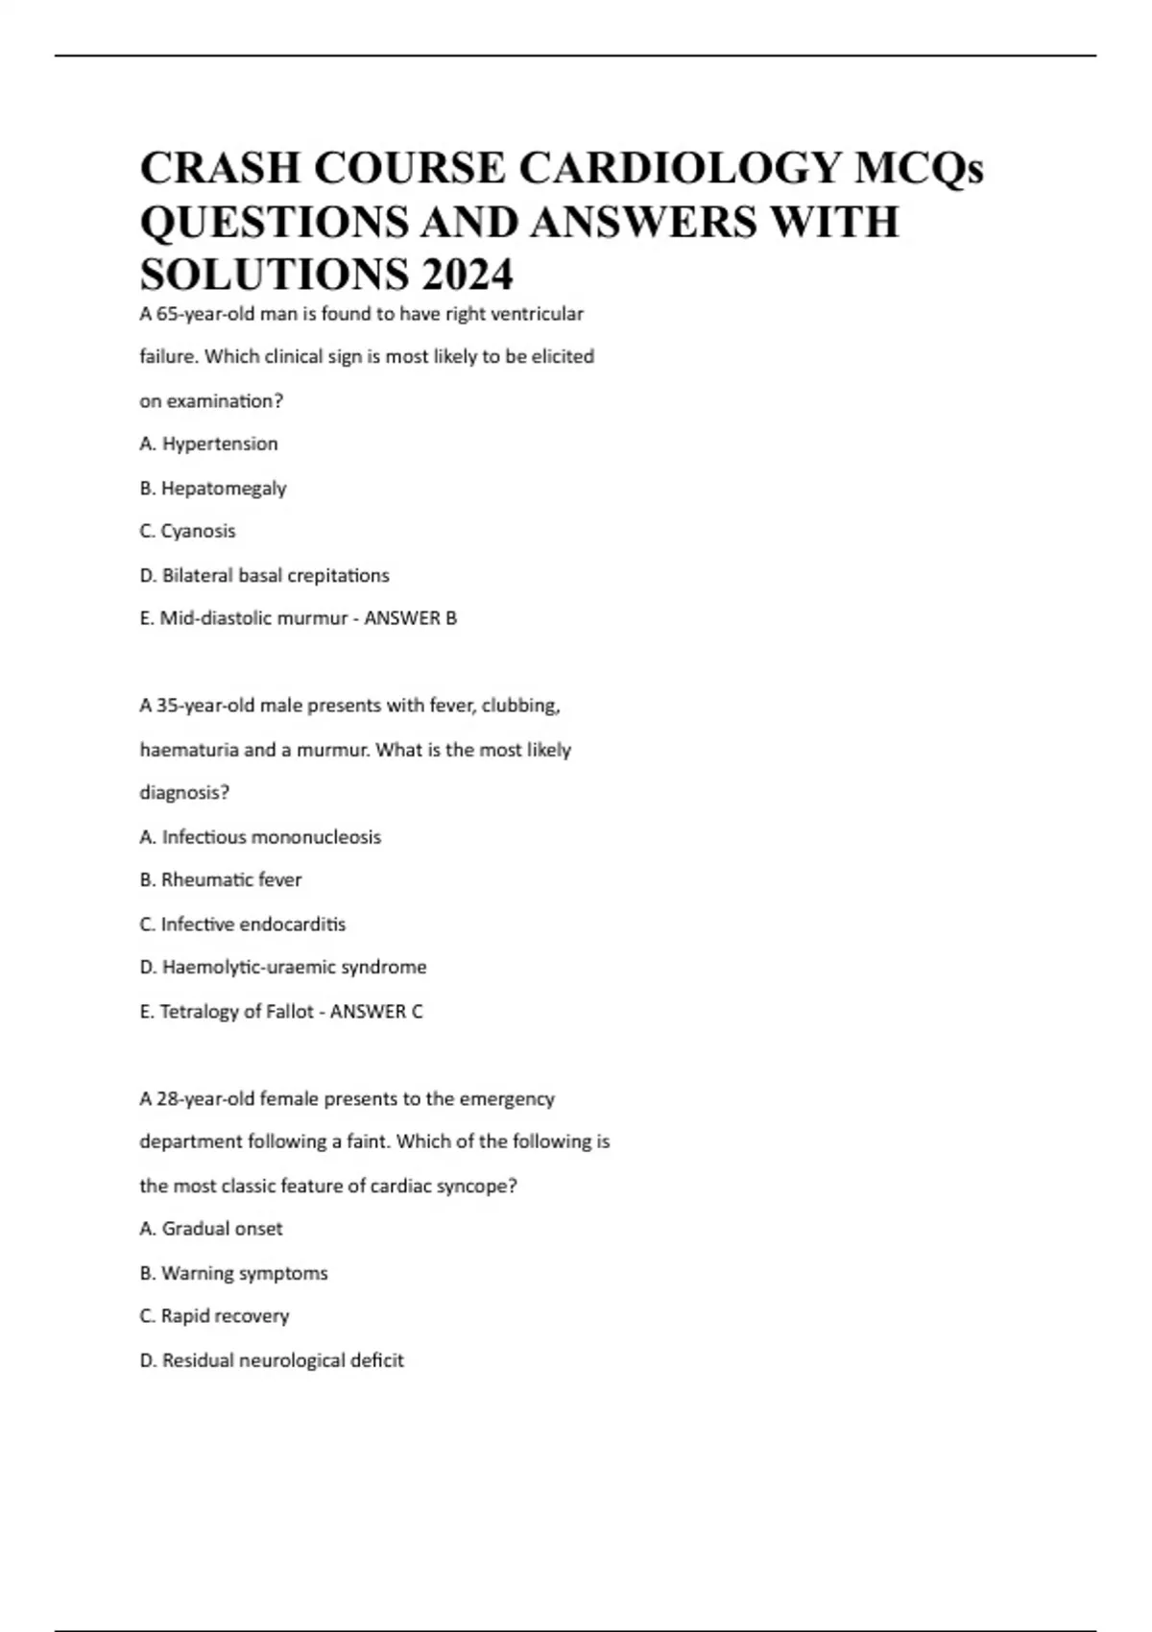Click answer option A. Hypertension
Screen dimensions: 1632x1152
pyautogui.click(x=209, y=444)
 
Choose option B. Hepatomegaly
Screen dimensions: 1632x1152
pyautogui.click(x=213, y=488)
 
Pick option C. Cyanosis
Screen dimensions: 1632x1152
pyautogui.click(x=187, y=531)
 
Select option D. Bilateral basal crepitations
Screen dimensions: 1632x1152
pyautogui.click(x=264, y=575)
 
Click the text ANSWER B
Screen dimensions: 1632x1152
pyautogui.click(x=411, y=618)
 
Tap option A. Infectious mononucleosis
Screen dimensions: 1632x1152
pyautogui.click(x=260, y=837)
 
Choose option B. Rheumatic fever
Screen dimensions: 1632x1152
pyautogui.click(x=221, y=879)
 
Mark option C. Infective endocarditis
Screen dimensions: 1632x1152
pyautogui.click(x=243, y=924)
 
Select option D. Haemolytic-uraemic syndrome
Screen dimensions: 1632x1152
pyautogui.click(x=283, y=967)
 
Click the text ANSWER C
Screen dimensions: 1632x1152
pyautogui.click(x=376, y=1011)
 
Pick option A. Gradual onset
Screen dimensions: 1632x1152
pyautogui.click(x=211, y=1229)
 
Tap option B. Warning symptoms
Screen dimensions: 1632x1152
pyautogui.click(x=233, y=1273)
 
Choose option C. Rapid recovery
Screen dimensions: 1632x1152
pyautogui.click(x=214, y=1316)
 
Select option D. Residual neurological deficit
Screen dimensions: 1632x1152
pyautogui.click(x=272, y=1360)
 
